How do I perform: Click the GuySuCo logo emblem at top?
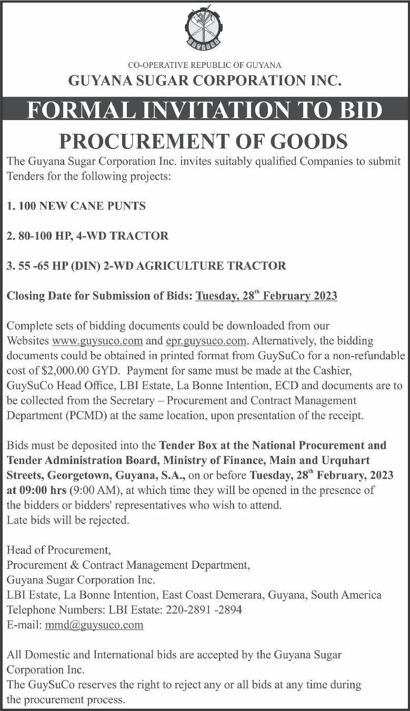(x=204, y=27)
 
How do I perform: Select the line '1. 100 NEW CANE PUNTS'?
(x=76, y=206)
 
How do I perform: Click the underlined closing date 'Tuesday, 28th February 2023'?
(x=266, y=296)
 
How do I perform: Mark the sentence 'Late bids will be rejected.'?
(x=67, y=520)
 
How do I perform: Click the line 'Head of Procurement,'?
(x=58, y=550)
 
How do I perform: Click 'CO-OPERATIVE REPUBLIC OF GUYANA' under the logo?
(x=205, y=65)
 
